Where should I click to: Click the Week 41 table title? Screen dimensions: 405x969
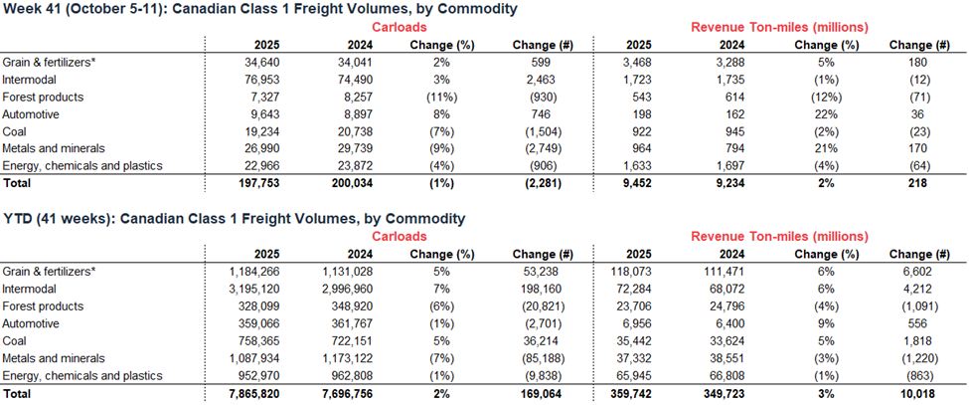click(261, 10)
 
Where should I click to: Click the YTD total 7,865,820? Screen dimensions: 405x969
click(249, 393)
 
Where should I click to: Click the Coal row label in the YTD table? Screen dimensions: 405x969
click(17, 340)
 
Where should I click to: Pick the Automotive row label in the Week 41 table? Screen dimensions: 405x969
click(32, 115)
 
